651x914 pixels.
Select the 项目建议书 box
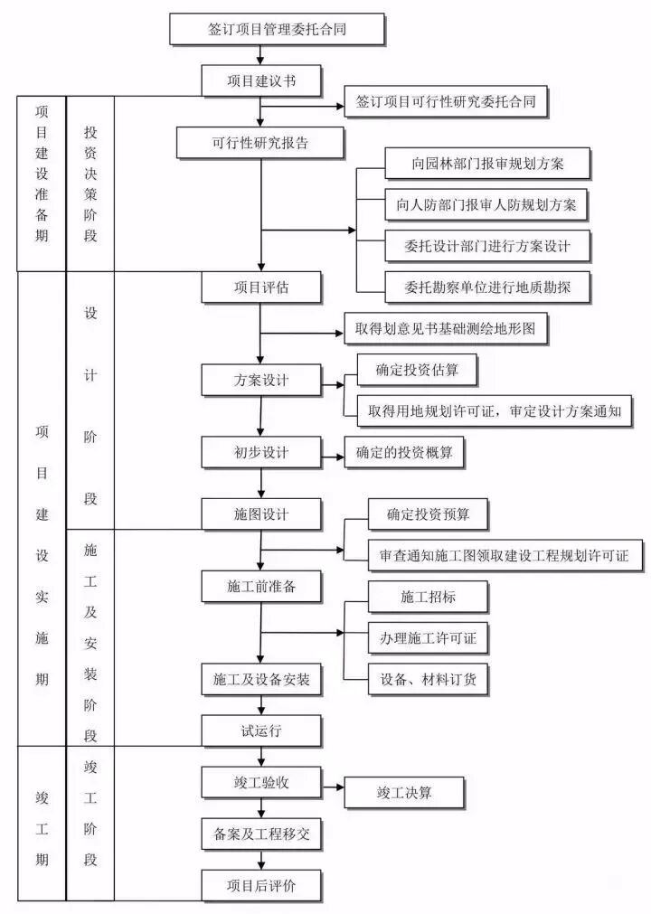coord(260,80)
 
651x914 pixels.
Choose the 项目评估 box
coord(260,287)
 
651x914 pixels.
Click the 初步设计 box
coord(260,451)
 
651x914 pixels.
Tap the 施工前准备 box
coord(260,586)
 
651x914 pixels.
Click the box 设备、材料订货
coord(429,677)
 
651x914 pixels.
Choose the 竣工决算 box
coord(404,793)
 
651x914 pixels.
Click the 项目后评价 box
coord(260,885)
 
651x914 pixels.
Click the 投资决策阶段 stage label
coord(90,184)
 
